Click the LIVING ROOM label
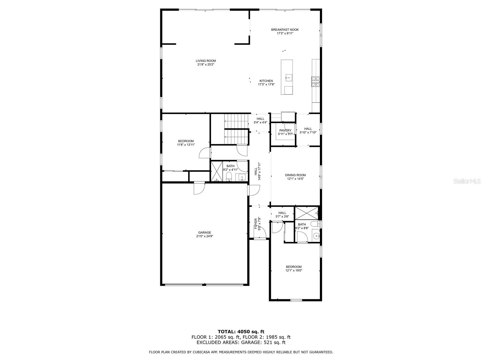(x=206, y=61)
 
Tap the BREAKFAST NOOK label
(x=285, y=30)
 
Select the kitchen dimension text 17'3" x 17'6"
(x=266, y=84)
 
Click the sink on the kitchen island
(x=289, y=77)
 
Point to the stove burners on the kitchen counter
(x=315, y=82)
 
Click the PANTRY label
(x=285, y=130)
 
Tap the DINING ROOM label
(x=295, y=175)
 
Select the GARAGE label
(x=205, y=233)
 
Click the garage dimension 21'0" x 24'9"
(x=205, y=236)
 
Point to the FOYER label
(x=256, y=224)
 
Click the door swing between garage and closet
(x=199, y=188)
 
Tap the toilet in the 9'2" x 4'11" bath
(x=229, y=176)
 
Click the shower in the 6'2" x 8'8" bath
(x=306, y=213)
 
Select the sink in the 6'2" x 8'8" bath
(x=316, y=236)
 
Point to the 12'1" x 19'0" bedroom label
(x=294, y=267)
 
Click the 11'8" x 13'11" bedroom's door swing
(x=205, y=153)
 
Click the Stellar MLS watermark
(x=467, y=181)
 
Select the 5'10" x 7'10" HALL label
(x=308, y=129)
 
